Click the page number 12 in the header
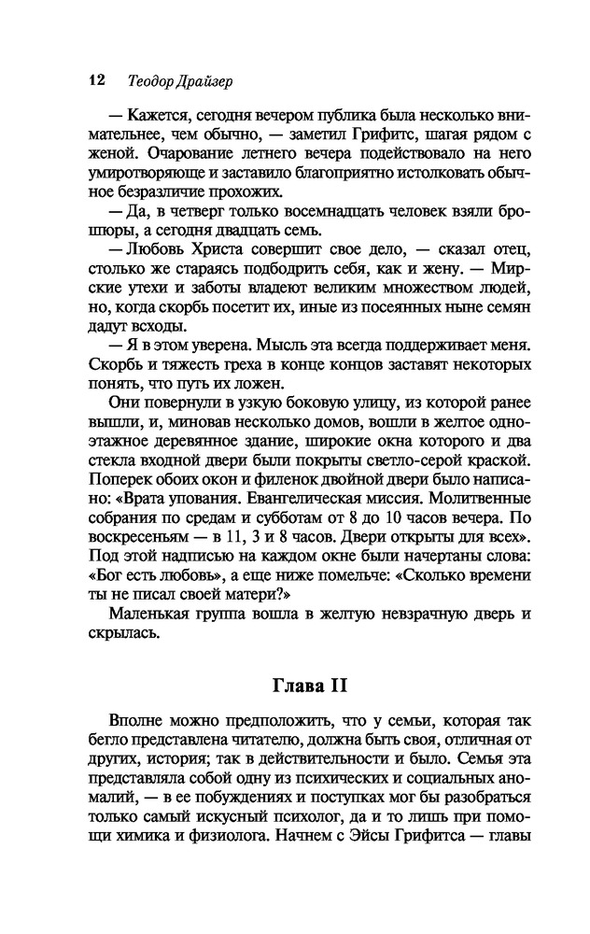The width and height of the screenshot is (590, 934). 93,79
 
